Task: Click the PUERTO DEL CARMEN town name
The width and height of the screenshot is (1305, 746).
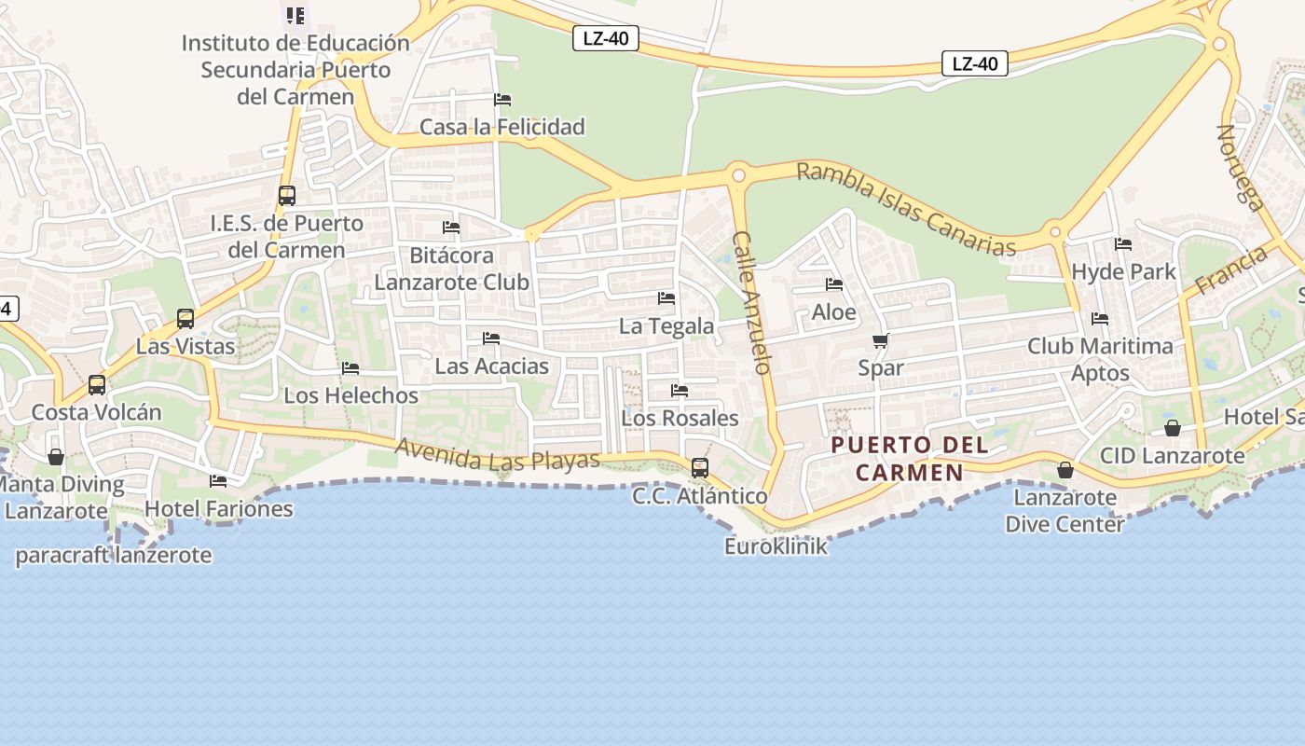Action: (x=909, y=458)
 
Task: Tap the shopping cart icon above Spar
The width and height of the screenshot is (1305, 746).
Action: (x=881, y=341)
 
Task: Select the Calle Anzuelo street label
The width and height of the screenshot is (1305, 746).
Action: (x=752, y=302)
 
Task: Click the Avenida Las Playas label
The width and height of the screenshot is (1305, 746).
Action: (x=497, y=454)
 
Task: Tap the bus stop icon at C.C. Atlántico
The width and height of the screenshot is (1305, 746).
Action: (x=699, y=467)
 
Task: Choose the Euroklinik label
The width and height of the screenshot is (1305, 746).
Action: (x=776, y=546)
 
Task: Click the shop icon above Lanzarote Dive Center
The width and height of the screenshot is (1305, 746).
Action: (x=1065, y=470)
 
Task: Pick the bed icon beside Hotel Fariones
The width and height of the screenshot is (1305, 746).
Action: (x=218, y=481)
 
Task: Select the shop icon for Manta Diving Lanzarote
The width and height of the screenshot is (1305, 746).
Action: (x=56, y=457)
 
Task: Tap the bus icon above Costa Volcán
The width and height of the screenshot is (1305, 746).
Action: (x=96, y=384)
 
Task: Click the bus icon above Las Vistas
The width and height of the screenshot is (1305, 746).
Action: (x=185, y=319)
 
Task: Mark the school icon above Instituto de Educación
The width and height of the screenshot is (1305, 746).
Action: (x=295, y=15)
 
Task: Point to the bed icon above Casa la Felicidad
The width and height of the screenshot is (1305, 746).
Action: (x=502, y=99)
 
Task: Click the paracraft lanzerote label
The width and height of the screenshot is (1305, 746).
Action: (x=114, y=556)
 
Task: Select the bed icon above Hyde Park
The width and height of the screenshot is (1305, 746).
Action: (x=1123, y=244)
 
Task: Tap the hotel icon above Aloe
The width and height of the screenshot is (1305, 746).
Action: (x=834, y=284)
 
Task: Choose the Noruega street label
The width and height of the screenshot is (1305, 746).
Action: (x=1240, y=168)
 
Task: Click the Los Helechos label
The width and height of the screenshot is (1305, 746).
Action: (x=351, y=395)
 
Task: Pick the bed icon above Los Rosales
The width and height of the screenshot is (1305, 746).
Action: (x=680, y=391)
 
